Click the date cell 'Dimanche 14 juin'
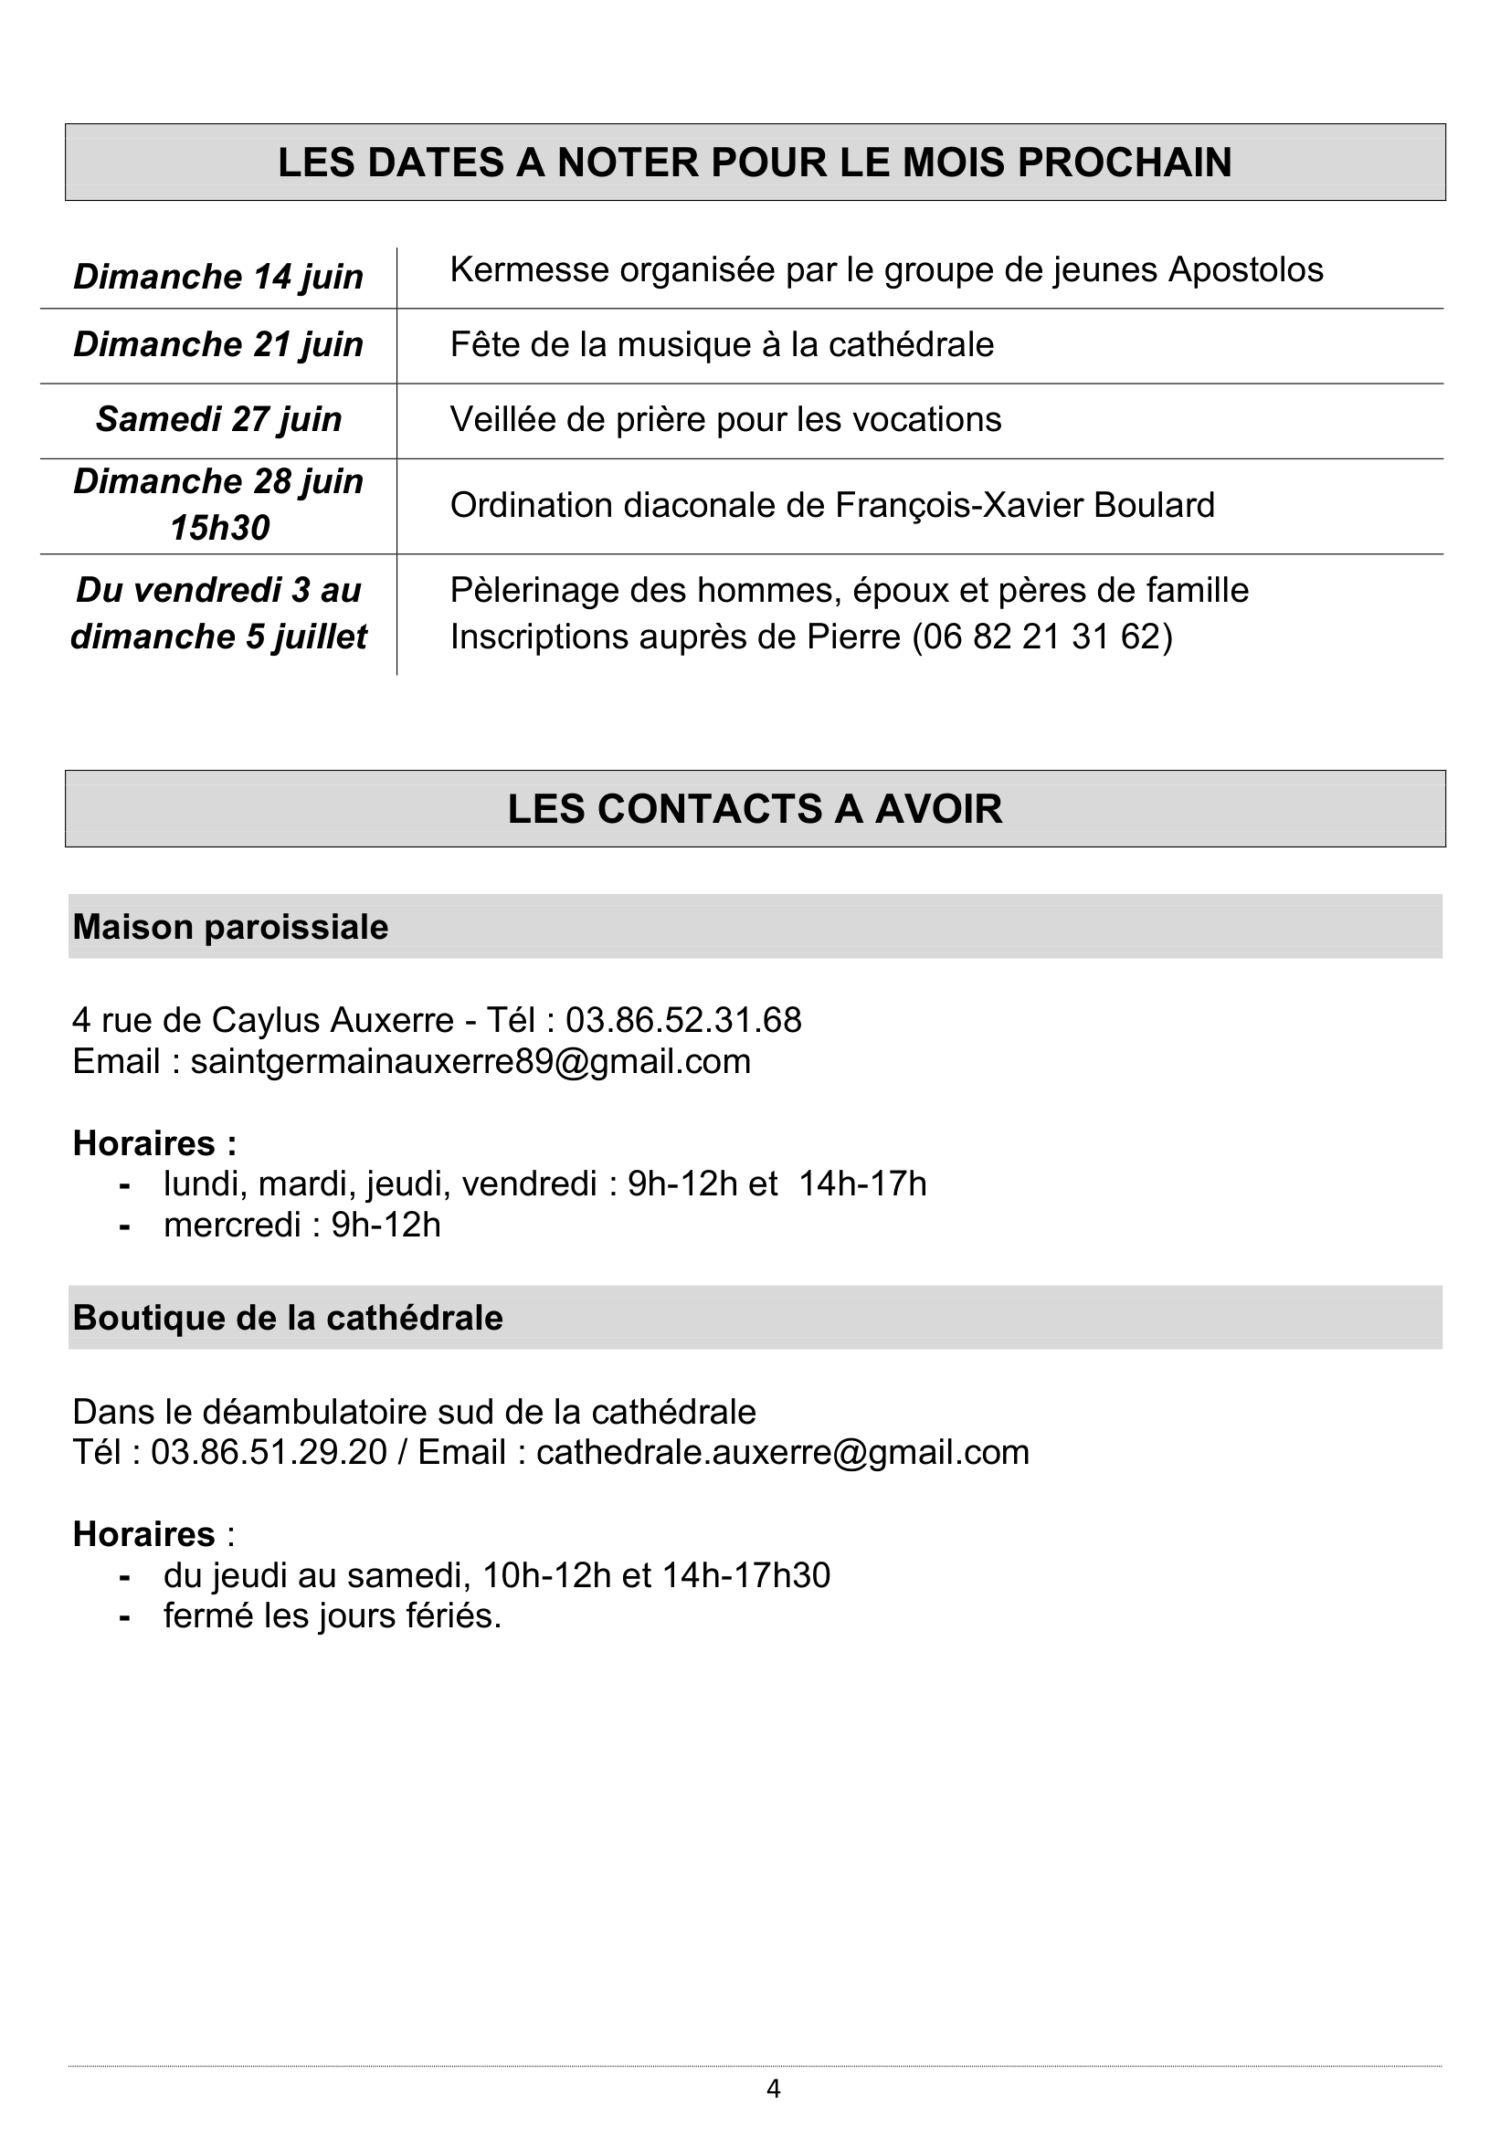pyautogui.click(x=217, y=278)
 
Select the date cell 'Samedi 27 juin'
pyautogui.click(x=218, y=419)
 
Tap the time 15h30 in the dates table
pyautogui.click(x=219, y=529)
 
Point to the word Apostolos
pyautogui.click(x=1246, y=269)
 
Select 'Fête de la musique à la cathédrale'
pyautogui.click(x=722, y=345)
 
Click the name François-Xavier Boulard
pyautogui.click(x=1024, y=505)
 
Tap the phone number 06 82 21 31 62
pyautogui.click(x=1042, y=637)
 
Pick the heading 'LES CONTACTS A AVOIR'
pyautogui.click(x=755, y=808)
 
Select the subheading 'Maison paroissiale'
pyautogui.click(x=230, y=928)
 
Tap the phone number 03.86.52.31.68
pyautogui.click(x=683, y=1021)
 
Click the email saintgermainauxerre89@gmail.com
pyautogui.click(x=470, y=1061)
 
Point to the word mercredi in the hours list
pyautogui.click(x=233, y=1226)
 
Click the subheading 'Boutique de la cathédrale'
pyautogui.click(x=288, y=1319)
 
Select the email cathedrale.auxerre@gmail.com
pyautogui.click(x=783, y=1452)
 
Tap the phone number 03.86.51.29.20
pyautogui.click(x=268, y=1452)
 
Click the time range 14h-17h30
pyautogui.click(x=745, y=1575)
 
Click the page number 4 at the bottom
pyautogui.click(x=773, y=2089)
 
